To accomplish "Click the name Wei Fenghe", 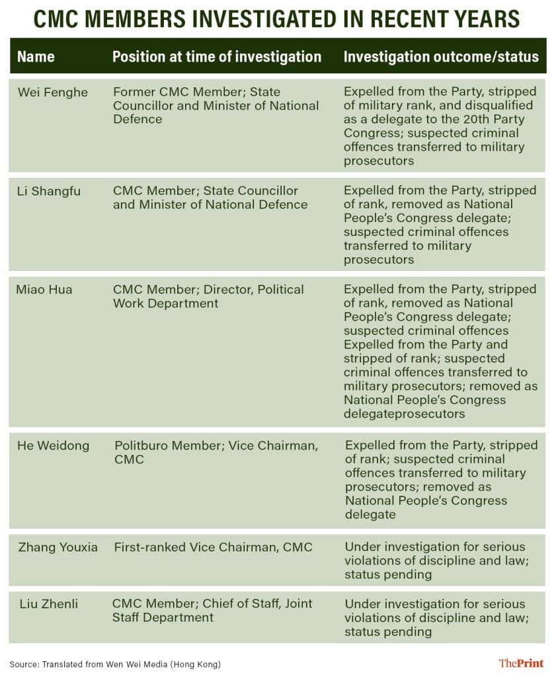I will point(52,92).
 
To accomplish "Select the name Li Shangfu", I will point(49,191).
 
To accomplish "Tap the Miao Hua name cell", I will point(44,290).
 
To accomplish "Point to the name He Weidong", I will point(53,446).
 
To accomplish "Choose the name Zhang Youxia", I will point(58,547).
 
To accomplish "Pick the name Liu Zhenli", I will point(48,604).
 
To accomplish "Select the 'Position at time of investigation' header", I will point(217,57).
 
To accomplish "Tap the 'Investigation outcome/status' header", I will point(441,57).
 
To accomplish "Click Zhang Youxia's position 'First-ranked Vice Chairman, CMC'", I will point(213,547).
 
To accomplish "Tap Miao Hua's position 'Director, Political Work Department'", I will point(208,296).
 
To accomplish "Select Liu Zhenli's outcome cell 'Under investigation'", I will point(435,617).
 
